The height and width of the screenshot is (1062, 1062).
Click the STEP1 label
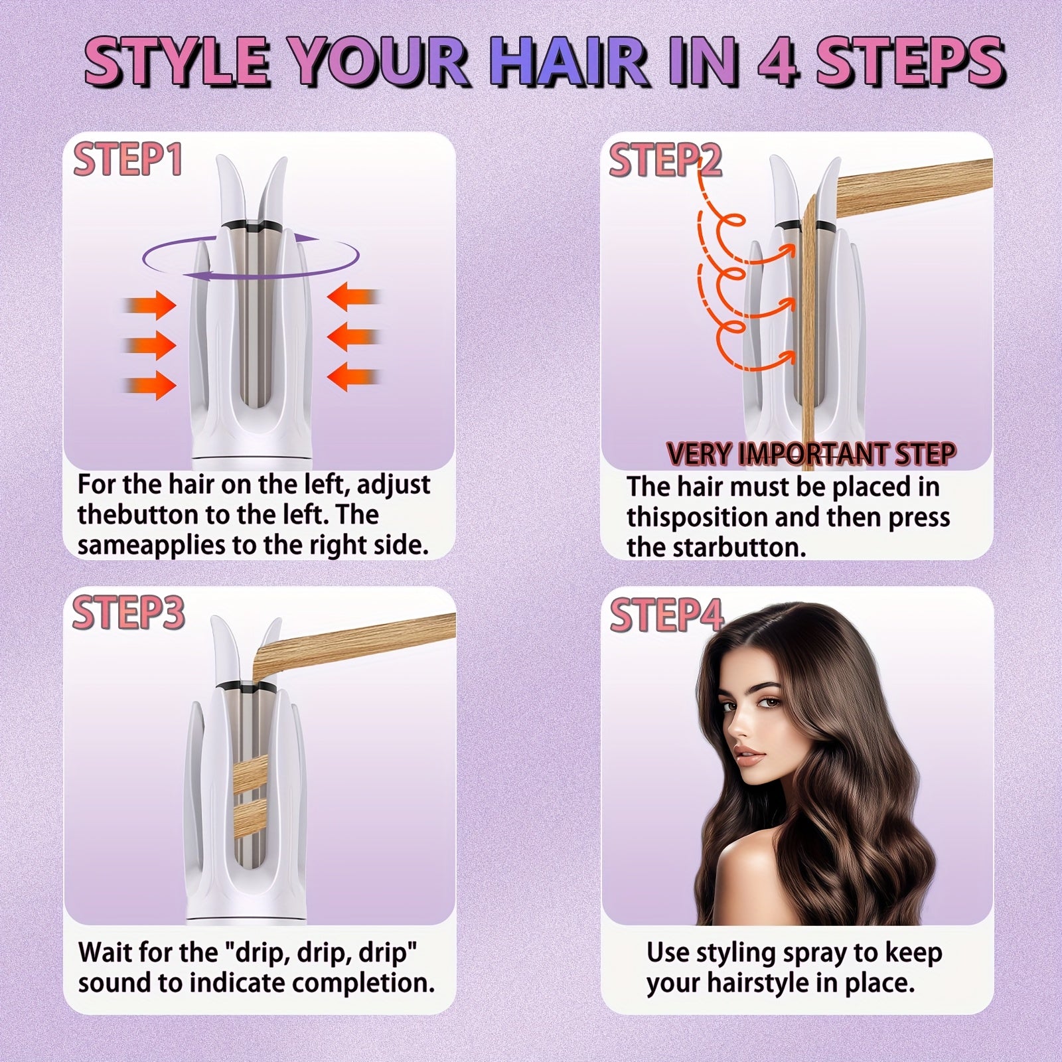[127, 160]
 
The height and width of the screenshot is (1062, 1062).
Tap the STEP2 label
[665, 160]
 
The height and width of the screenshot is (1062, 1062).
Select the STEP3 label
[128, 612]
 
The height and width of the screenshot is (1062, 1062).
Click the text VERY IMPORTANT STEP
[810, 453]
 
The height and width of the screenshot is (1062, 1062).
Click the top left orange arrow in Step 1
[151, 306]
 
